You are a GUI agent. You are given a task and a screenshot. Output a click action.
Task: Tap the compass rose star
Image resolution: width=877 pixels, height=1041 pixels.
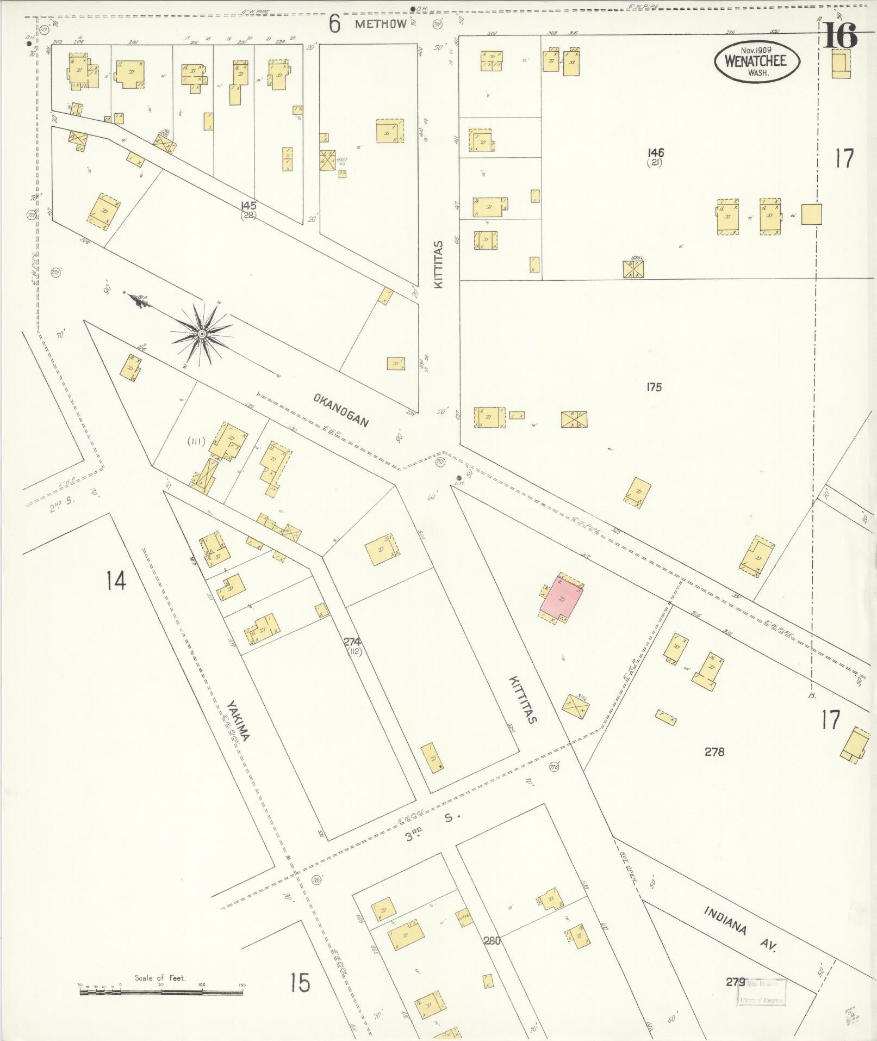point(202,334)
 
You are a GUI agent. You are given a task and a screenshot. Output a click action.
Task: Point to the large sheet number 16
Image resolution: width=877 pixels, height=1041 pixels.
point(839,36)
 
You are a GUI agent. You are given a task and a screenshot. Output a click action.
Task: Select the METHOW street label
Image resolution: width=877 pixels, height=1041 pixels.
point(381,23)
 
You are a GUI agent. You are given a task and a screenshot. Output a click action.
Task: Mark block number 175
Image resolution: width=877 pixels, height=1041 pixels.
point(654,387)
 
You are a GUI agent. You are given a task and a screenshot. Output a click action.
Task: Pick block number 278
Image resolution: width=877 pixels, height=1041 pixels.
point(714,752)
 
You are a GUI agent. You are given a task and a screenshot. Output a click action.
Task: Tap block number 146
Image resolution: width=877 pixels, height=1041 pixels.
point(656,153)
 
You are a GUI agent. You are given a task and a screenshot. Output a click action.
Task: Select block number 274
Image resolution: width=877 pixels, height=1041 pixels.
point(352,642)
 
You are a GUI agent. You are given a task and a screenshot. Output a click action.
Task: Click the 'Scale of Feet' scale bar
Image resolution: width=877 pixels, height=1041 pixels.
point(161,991)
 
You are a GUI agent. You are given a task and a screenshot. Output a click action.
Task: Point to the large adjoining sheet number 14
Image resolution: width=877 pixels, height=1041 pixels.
point(116,580)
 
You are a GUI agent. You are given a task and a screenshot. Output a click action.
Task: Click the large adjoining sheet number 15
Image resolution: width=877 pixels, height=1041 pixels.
point(300,983)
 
